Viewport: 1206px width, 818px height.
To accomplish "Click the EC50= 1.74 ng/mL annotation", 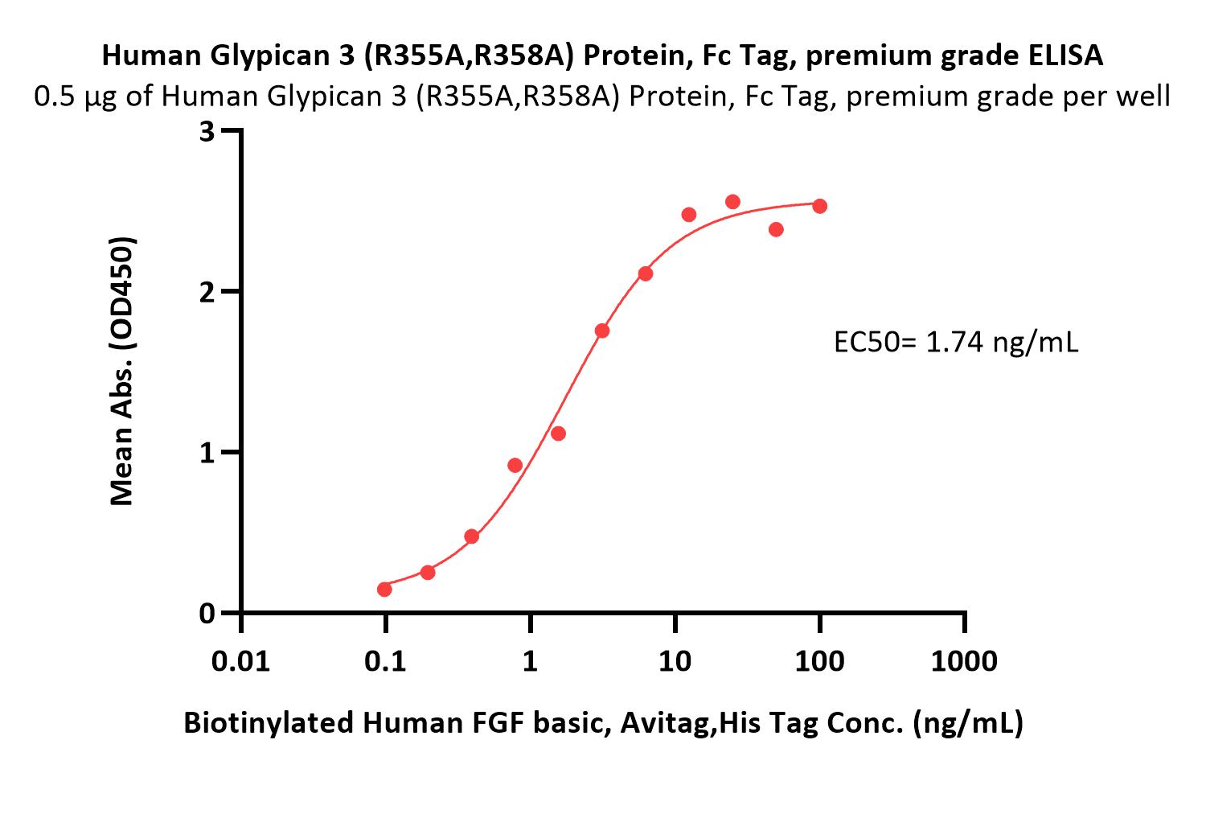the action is point(956,342).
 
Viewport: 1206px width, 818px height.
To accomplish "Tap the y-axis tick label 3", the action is point(207,131).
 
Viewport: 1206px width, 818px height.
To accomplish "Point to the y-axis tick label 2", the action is point(207,293).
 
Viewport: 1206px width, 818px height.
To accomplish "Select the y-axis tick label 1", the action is point(207,453).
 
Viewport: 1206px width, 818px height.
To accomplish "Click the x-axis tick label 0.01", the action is point(240,661).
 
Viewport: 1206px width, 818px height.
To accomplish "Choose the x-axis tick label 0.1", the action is point(385,661).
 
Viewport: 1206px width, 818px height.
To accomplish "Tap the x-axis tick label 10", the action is point(675,661).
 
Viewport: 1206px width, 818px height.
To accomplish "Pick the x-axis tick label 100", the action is point(819,661).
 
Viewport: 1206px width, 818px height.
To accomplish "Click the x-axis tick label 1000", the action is point(964,661).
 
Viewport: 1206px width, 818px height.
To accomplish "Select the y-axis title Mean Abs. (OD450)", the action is point(121,372).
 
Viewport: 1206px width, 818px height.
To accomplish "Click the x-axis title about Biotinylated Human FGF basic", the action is point(603,723).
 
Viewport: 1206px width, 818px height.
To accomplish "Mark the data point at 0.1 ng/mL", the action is point(384,589).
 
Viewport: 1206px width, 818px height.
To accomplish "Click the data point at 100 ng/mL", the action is point(819,206).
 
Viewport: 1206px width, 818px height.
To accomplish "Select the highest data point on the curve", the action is point(732,202).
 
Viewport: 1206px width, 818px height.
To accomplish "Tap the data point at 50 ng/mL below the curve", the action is point(776,230).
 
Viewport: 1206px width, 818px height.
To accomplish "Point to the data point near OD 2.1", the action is point(646,274).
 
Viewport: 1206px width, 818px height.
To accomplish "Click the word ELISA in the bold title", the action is point(1065,55).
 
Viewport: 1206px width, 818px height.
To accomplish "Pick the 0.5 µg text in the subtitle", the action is point(76,97).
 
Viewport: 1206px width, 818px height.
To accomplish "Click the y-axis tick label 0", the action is point(207,614).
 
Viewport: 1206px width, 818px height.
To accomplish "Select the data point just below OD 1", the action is point(515,465).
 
